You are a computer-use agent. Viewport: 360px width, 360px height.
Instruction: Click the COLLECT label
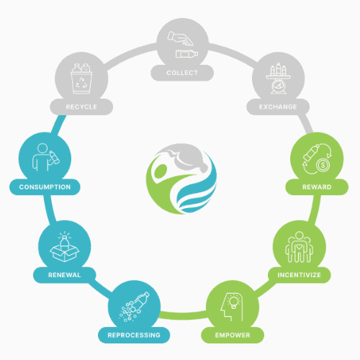tap(182, 73)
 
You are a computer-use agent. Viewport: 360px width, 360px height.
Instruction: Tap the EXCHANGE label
tap(278, 107)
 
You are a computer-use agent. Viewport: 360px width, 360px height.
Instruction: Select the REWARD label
tap(317, 187)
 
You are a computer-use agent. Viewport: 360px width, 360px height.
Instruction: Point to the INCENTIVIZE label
tap(299, 275)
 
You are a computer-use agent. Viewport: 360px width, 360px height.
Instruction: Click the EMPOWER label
tap(233, 335)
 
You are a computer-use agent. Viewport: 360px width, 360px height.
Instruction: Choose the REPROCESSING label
tap(134, 335)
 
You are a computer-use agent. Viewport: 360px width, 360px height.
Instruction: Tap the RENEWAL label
tap(64, 275)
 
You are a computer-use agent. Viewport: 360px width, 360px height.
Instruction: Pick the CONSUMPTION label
tap(45, 187)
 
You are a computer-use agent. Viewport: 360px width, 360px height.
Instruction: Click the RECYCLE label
tap(81, 107)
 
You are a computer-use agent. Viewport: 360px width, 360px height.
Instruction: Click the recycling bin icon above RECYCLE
tap(81, 78)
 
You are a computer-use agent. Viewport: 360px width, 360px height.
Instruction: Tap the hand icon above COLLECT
tap(180, 38)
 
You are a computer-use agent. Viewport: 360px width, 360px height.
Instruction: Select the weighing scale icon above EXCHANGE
tap(279, 78)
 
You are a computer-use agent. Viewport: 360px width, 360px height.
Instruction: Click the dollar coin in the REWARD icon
tap(323, 165)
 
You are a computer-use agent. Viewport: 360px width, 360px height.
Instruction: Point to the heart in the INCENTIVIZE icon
tap(299, 246)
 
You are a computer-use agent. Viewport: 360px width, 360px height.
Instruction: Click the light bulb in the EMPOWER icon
tap(233, 302)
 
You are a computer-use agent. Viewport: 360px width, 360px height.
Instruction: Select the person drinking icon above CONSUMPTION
tap(45, 157)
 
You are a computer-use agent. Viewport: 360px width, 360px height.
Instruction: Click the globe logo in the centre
tap(181, 179)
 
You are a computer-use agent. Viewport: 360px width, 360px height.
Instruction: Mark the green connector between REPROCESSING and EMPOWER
tap(183, 315)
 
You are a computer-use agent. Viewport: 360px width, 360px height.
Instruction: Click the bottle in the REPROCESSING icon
tap(142, 300)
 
